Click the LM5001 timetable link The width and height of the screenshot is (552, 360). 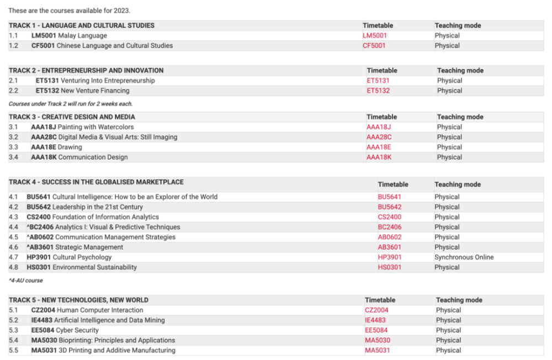point(375,35)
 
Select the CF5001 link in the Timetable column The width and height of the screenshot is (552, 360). point(374,45)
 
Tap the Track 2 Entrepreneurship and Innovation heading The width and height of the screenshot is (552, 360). point(86,70)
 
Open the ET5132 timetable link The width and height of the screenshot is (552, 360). point(378,91)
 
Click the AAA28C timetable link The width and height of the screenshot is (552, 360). point(379,137)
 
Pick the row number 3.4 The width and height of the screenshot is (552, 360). point(14,157)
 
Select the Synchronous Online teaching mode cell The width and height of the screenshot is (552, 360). point(464,257)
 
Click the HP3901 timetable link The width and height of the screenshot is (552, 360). point(390,257)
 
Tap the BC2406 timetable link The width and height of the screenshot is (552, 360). point(389,227)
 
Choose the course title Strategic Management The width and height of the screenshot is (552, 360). point(89,247)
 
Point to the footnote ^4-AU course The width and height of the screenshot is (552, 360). point(26,280)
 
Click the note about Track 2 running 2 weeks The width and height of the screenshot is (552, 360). point(71,103)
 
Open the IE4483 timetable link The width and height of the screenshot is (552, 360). point(375,320)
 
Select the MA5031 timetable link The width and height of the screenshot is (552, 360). point(378,350)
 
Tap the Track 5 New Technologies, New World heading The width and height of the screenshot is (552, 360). point(78,300)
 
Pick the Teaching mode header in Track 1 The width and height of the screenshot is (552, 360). point(458,25)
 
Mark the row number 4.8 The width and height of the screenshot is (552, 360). point(14,267)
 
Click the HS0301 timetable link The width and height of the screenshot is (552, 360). point(390,267)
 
